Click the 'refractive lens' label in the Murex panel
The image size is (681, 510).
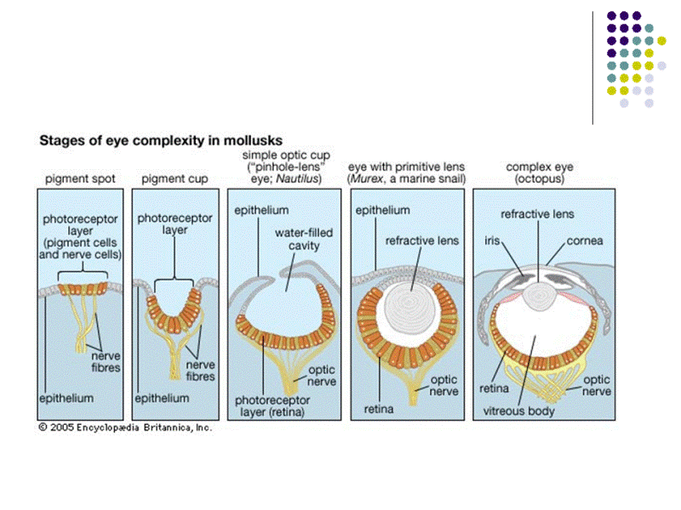[x=422, y=241]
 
